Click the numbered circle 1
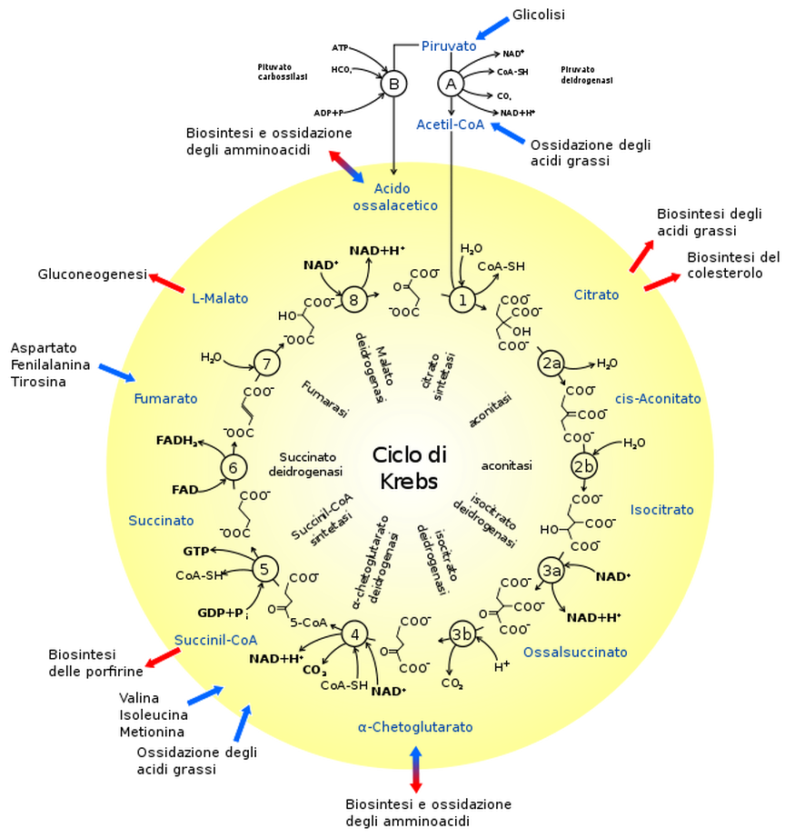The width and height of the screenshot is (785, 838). pos(462,299)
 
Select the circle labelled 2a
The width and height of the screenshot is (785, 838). pos(551,364)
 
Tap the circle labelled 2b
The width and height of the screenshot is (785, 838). pos(583,466)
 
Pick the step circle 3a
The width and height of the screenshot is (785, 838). pos(551,570)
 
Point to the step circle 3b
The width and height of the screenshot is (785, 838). pos(462,634)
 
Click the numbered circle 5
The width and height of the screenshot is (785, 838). pos(264,569)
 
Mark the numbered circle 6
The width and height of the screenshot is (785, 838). pos(234,467)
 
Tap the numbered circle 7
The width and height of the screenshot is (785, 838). pos(266,364)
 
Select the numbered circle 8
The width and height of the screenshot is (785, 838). pos(354,299)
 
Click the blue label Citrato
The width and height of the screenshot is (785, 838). pos(596,294)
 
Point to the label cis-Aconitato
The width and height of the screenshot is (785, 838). pos(658,398)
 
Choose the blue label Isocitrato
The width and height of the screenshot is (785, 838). pos(661,509)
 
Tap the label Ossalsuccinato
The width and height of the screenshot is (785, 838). pos(575,652)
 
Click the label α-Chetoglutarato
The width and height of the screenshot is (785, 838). pos(415,727)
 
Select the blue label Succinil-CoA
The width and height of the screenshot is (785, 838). pos(215,640)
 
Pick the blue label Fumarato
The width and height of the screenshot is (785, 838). pos(165,398)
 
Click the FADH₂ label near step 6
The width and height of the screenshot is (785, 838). pos(177,441)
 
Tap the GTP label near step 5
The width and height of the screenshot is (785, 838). pos(196,551)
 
